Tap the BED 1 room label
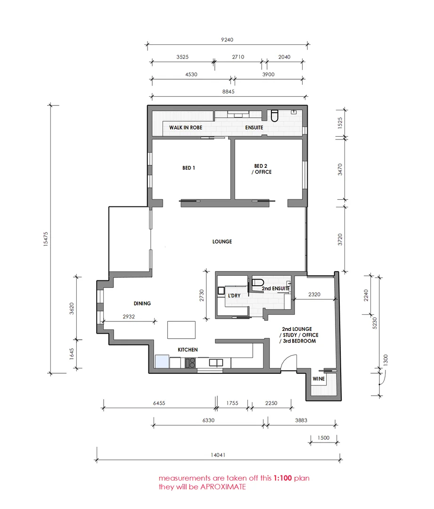[188, 168]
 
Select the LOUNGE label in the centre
[222, 242]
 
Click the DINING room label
[142, 304]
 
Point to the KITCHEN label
[188, 350]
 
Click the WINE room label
[318, 379]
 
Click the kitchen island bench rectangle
[181, 330]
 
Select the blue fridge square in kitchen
[162, 362]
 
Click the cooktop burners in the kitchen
[191, 362]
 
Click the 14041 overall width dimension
[218, 455]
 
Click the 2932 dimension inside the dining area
[129, 317]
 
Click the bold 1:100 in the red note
[282, 478]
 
